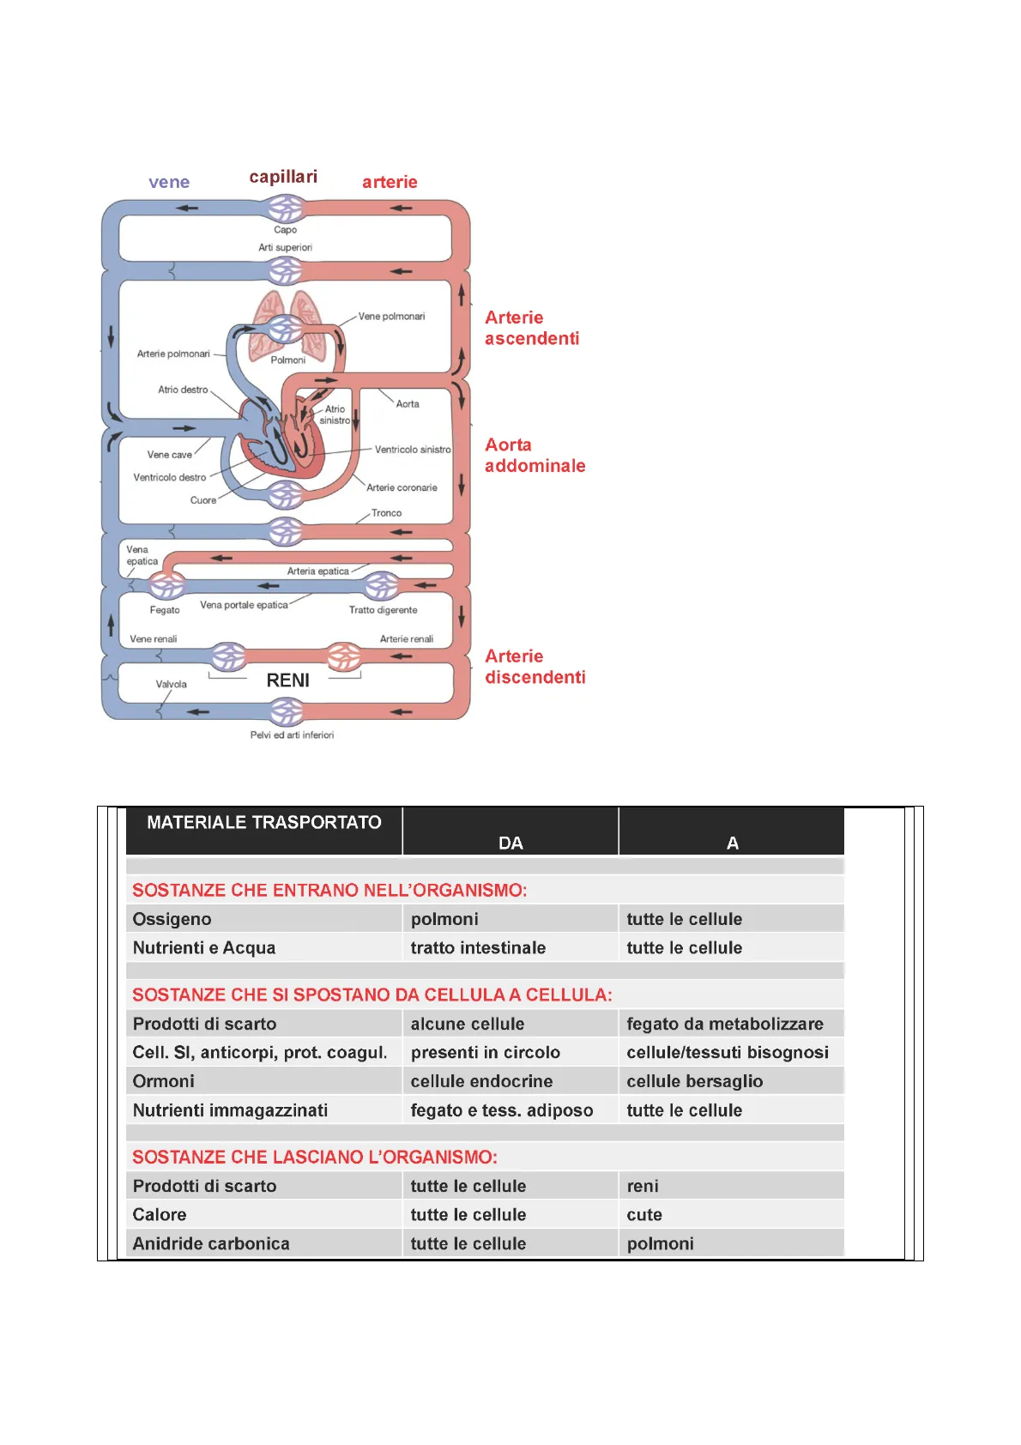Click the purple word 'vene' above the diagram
[169, 182]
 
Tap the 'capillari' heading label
[283, 177]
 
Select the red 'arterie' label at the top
[390, 182]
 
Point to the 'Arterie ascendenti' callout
[532, 328]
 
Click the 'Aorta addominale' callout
[535, 455]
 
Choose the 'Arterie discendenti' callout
[535, 667]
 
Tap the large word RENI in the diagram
[287, 680]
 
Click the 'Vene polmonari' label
[391, 316]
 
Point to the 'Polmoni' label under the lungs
[287, 360]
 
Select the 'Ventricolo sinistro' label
[413, 449]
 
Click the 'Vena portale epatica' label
[244, 605]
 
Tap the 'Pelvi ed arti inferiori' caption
[293, 735]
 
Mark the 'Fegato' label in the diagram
[165, 609]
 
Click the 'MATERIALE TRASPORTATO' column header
[263, 823]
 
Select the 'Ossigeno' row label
[172, 919]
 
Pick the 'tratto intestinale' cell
[478, 947]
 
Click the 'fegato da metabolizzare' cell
[725, 1024]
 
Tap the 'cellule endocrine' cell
[482, 1081]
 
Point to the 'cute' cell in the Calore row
[644, 1215]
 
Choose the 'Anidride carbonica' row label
[211, 1243]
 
